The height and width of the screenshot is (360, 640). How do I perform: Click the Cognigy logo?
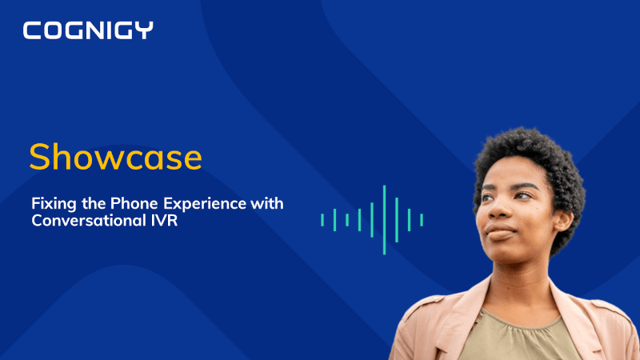tap(88, 31)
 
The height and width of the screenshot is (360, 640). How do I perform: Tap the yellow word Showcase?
tap(115, 158)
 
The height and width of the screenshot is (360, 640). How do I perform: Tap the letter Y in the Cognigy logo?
tap(144, 31)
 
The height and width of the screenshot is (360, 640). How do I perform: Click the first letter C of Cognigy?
tap(33, 31)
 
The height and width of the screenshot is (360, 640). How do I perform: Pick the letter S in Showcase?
tap(40, 158)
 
